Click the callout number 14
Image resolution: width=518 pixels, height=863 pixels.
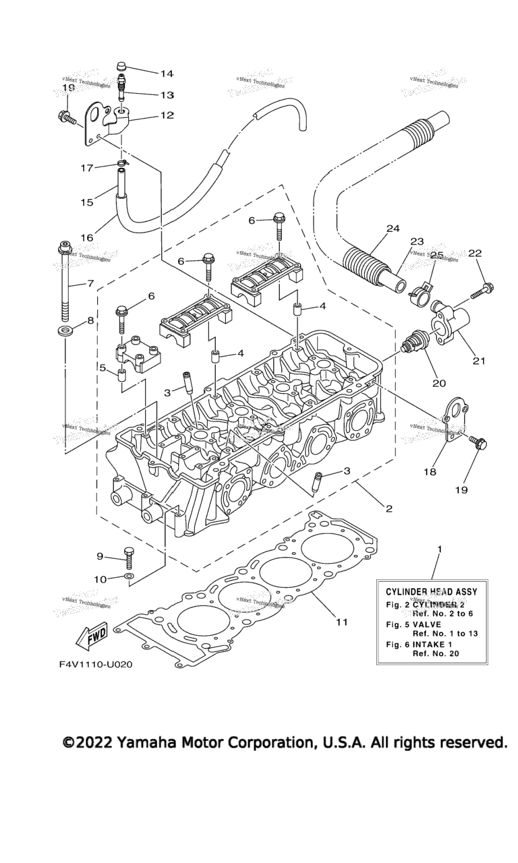coord(167,73)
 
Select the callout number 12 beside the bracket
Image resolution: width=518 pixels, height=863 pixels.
coord(167,115)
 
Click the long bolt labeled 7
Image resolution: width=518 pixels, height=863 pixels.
coord(65,283)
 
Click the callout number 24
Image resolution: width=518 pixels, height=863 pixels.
coord(393,229)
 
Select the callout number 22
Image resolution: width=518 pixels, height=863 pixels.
coord(476,253)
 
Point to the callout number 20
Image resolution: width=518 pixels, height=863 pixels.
coord(439,384)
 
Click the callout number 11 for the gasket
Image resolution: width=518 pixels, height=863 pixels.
coord(342,622)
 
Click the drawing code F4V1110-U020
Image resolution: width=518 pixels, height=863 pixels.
coord(95,664)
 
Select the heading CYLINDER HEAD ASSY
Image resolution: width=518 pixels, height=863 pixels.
coord(431,591)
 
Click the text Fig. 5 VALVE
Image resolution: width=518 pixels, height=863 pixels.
coord(413,624)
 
